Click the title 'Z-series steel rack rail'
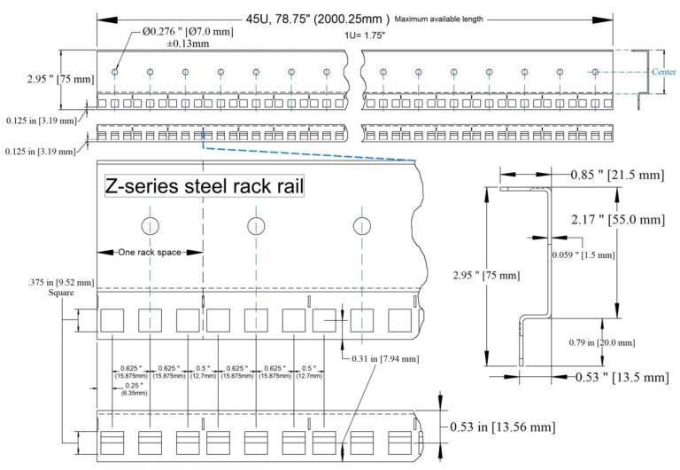205,187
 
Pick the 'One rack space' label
150,253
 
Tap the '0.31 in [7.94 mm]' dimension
376,357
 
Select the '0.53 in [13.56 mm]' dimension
502,427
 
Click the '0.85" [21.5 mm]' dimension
614,176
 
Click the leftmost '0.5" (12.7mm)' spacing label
205,372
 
